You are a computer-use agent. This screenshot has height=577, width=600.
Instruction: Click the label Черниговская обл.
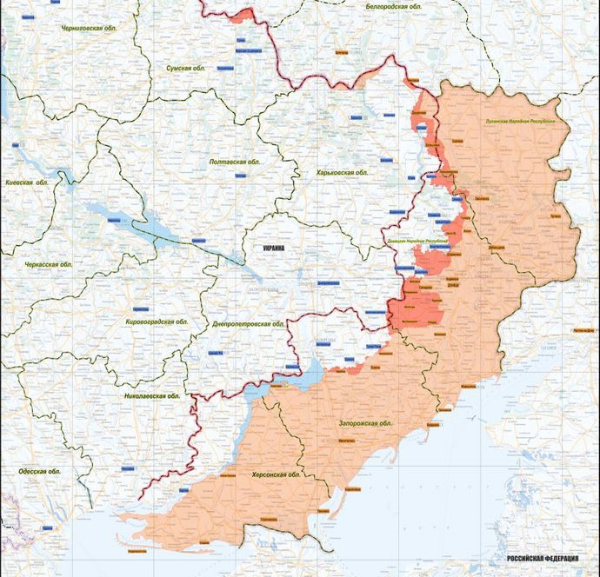click(x=90, y=28)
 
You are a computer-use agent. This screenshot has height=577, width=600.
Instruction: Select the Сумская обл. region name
click(x=190, y=67)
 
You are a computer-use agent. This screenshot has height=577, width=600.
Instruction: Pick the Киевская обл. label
click(x=25, y=183)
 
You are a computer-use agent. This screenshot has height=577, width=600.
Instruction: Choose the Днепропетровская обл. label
click(x=249, y=324)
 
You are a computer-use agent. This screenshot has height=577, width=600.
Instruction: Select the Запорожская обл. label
click(x=365, y=423)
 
